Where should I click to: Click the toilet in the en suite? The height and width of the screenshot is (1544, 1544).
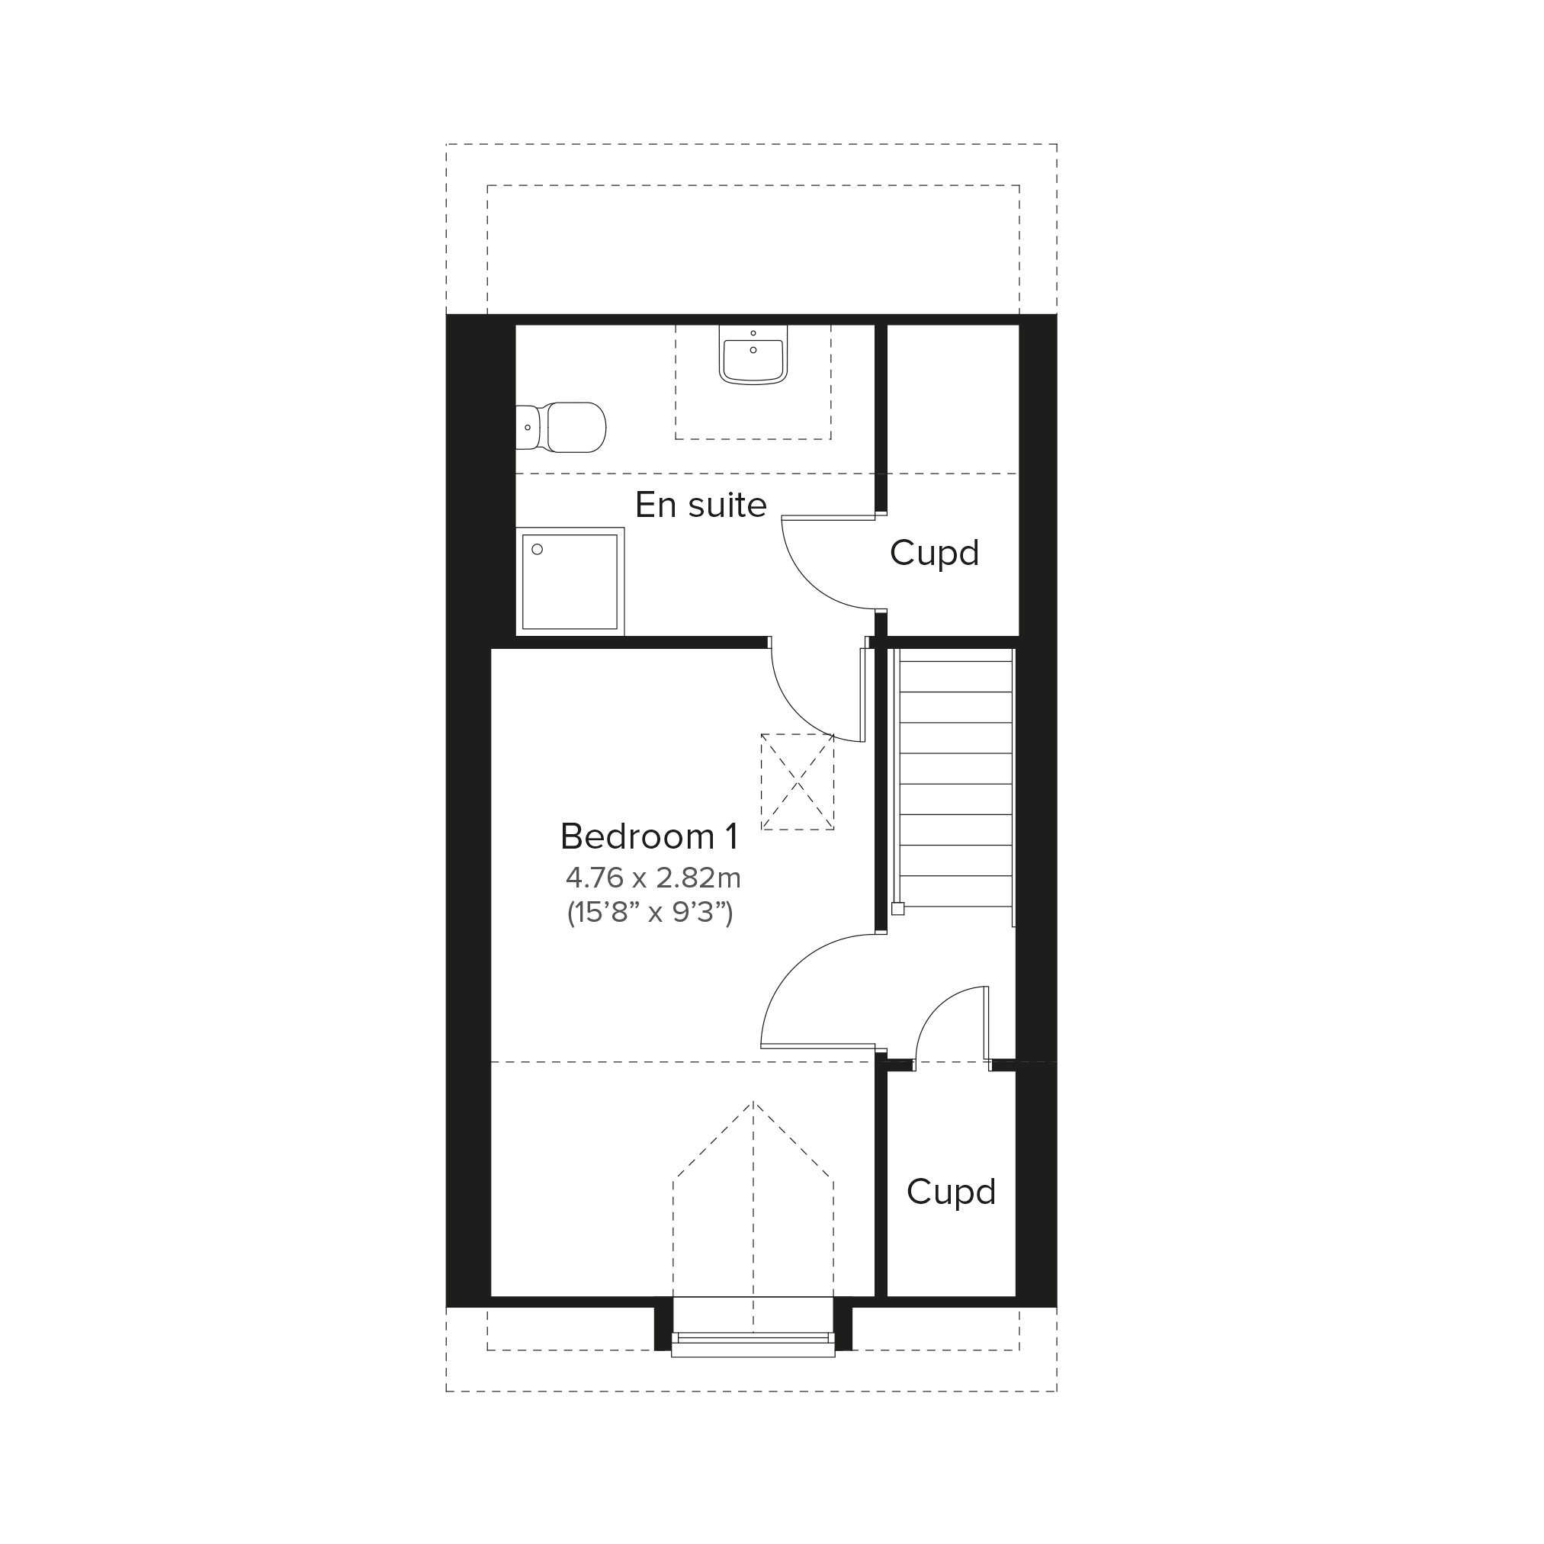click(561, 428)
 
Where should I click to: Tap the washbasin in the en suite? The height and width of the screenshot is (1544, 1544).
click(753, 354)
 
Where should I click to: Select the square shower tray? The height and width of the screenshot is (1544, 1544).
click(570, 582)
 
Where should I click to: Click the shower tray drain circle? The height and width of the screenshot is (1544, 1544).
click(537, 549)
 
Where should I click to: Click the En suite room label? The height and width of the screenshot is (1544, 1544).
click(701, 505)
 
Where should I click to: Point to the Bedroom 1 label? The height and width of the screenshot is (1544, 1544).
click(649, 836)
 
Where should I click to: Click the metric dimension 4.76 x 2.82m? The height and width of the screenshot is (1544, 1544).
click(653, 878)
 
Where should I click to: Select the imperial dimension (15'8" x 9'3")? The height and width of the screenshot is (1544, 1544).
click(650, 912)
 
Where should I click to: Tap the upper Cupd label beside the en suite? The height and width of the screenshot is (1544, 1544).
click(934, 553)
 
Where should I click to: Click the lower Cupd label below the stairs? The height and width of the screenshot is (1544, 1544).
click(951, 1192)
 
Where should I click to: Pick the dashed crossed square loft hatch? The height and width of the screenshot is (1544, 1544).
click(798, 782)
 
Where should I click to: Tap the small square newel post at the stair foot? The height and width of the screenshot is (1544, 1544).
click(897, 909)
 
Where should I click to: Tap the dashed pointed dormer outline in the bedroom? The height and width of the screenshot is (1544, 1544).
click(753, 1215)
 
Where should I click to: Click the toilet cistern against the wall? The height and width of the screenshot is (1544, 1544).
click(528, 428)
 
